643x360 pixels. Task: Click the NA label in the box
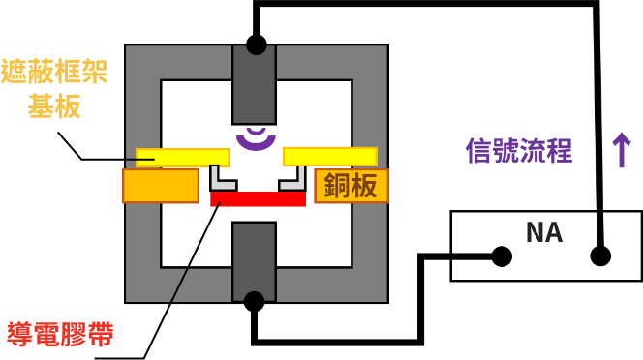pos(543,232)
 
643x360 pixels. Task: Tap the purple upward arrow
pos(621,150)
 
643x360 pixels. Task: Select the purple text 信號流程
pos(519,151)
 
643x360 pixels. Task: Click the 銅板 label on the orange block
pos(351,186)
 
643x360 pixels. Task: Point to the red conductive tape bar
pos(258,198)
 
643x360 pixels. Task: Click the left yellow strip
pos(183,157)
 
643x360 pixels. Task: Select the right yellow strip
pos(329,157)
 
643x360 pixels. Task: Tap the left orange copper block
pos(160,186)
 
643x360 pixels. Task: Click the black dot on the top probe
pos(256,45)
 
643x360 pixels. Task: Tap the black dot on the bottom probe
pos(254,301)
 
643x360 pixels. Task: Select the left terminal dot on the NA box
pos(502,256)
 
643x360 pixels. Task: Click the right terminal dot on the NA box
pos(600,256)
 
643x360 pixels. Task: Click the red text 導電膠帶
pos(60,335)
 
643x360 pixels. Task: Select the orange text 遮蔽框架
pos(54,72)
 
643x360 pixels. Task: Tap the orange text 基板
pos(54,106)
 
